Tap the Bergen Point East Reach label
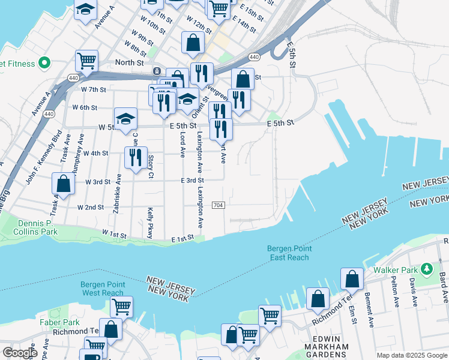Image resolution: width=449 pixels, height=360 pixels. (289, 253)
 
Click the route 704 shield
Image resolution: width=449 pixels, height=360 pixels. (218, 205)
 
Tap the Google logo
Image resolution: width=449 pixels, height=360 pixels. (19, 353)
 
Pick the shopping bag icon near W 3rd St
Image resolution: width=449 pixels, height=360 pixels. (63, 184)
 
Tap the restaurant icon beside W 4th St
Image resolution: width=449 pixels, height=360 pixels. (136, 158)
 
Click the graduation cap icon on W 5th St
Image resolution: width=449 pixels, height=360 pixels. (126, 119)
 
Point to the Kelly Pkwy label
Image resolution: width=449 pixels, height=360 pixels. (150, 223)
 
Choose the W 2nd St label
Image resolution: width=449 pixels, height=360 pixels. (91, 207)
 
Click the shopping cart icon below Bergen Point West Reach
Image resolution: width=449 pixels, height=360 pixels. (121, 307)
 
